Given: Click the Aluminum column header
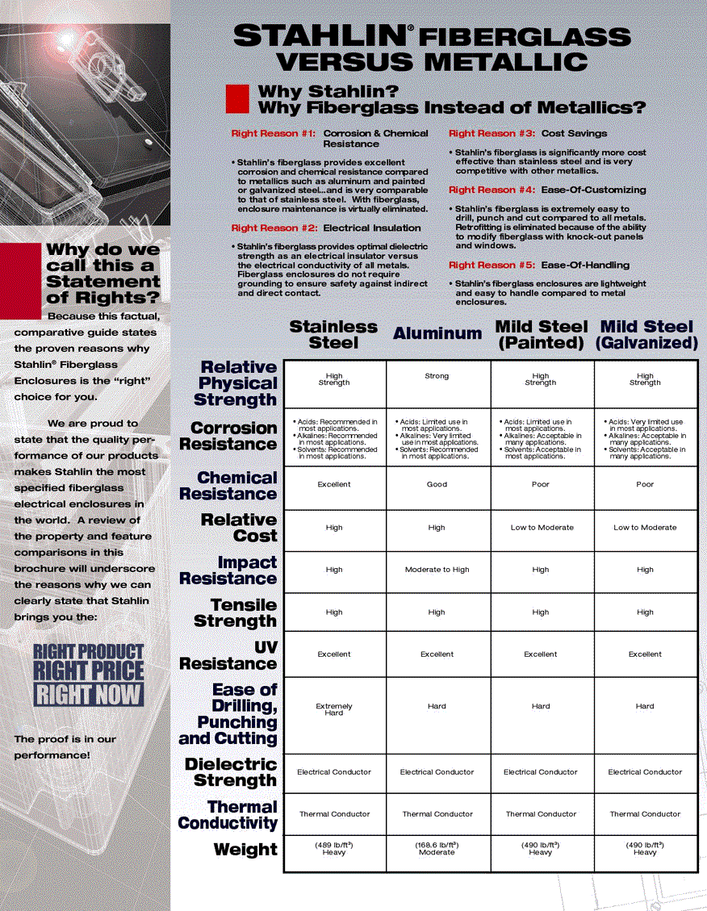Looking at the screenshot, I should pos(437,333).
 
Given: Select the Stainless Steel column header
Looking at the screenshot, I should pos(333,334).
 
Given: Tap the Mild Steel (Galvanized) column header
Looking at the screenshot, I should pos(646,334).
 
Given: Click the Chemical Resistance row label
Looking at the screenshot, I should pos(228,486).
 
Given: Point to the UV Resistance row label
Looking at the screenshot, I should pos(228,655).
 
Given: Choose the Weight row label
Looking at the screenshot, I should pos(245,850).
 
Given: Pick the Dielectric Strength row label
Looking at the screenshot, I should pos(231,772).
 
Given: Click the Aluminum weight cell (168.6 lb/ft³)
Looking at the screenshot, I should pos(437,849).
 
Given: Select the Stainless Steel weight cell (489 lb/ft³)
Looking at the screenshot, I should pos(333,849).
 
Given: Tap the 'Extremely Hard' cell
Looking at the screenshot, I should pos(333,709).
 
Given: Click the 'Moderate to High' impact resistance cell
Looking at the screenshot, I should pos(437,570).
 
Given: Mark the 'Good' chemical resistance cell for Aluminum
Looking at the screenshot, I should pos(437,485).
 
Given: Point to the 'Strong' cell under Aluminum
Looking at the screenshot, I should pos(437,376).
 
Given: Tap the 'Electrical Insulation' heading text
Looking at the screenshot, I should pos(371,228).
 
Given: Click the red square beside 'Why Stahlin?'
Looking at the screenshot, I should pos(236,98).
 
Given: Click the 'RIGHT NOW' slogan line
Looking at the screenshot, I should pos(88,695).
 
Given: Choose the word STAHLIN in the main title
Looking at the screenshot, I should pos(319,36).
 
